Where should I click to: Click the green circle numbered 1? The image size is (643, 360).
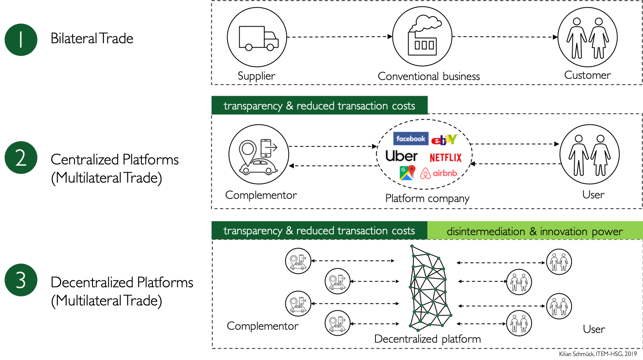click(x=21, y=40)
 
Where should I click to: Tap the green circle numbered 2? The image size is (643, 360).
click(x=21, y=158)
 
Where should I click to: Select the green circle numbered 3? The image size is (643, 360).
click(x=21, y=280)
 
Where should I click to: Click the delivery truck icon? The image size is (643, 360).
click(x=257, y=37)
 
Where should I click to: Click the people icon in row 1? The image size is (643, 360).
click(x=588, y=37)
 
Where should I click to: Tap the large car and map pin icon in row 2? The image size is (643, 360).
click(x=259, y=154)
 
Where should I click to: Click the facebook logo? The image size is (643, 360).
click(x=411, y=139)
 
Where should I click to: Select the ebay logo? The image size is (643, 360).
click(x=444, y=140)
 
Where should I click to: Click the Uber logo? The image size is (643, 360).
click(x=401, y=156)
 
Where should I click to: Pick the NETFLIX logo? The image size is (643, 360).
click(x=445, y=158)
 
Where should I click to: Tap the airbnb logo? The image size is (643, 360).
click(x=439, y=173)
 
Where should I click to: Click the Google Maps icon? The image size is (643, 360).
click(x=407, y=173)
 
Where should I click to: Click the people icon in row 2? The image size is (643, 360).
click(x=590, y=154)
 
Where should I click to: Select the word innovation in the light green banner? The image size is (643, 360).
click(x=563, y=232)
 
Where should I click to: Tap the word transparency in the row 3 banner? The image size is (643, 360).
click(x=253, y=231)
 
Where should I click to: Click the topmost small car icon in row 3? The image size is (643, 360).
click(x=298, y=261)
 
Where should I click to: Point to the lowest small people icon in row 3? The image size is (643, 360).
click(x=519, y=323)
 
